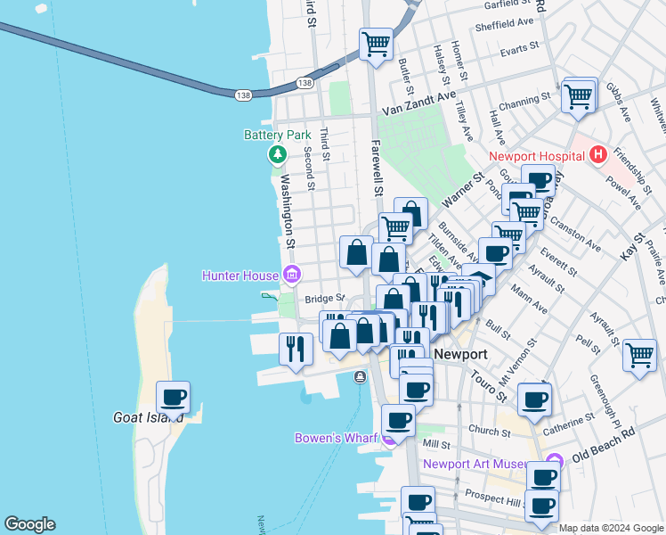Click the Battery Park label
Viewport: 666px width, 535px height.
[x=278, y=136]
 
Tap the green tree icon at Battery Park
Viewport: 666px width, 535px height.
[x=278, y=155]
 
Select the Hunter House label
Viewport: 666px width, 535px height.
[x=240, y=275]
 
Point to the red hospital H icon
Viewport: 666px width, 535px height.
[x=598, y=155]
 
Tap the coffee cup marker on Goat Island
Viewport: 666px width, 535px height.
[x=173, y=396]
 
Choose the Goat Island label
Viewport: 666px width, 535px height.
[x=149, y=417]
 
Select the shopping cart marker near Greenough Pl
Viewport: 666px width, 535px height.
[x=639, y=354]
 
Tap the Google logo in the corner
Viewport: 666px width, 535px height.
[x=29, y=524]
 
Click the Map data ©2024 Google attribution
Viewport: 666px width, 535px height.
[x=611, y=528]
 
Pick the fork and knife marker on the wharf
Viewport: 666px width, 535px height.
[x=296, y=347]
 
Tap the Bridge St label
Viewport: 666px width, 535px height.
[x=324, y=299]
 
